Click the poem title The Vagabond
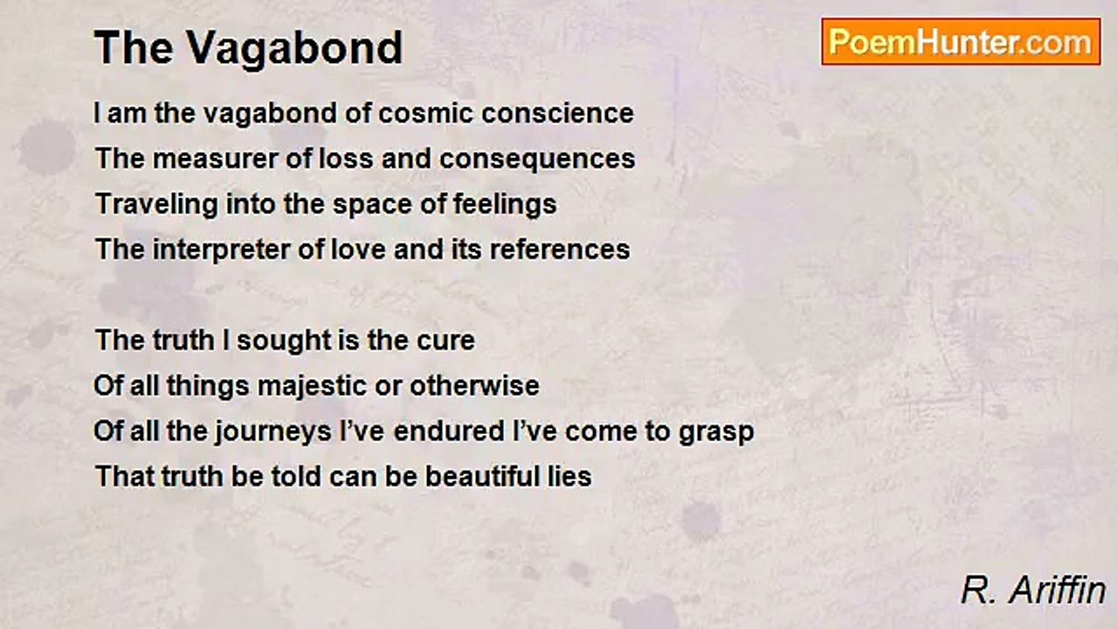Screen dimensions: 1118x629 point(248,48)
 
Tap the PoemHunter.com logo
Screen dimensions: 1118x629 point(961,42)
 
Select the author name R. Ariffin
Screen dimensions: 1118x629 point(1032,591)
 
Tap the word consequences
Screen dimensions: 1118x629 point(537,158)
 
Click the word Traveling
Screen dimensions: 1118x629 point(156,204)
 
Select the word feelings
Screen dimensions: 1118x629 point(505,204)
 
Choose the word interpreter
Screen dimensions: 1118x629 point(221,249)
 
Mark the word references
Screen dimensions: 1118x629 point(560,249)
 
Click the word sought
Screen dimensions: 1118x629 point(283,341)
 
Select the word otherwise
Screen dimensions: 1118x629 point(474,386)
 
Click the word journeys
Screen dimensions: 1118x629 point(273,432)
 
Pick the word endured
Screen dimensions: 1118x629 point(449,432)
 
